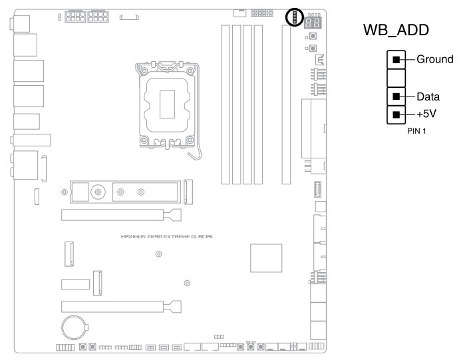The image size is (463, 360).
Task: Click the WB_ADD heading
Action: point(396,31)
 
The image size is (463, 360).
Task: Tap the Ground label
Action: point(434,59)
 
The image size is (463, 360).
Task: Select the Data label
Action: point(428,96)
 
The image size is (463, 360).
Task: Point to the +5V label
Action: point(428,114)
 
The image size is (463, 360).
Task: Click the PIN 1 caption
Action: point(416,131)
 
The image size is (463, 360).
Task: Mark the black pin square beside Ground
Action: point(396,60)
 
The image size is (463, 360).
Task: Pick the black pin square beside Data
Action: point(396,96)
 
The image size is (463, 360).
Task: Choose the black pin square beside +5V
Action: point(396,114)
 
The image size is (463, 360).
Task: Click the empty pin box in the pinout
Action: point(396,78)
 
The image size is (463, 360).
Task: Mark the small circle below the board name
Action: point(158,254)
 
